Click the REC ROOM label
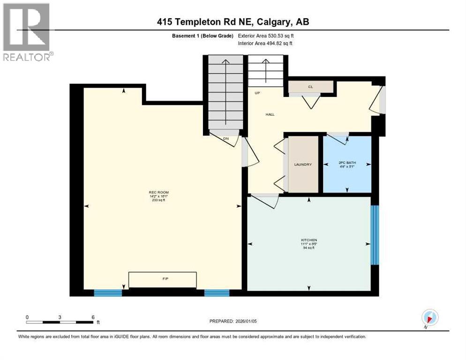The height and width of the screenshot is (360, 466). [x=158, y=193]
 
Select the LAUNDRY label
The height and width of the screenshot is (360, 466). [x=303, y=165]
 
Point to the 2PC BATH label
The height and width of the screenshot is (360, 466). [x=347, y=163]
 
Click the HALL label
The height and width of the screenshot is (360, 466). [x=270, y=114]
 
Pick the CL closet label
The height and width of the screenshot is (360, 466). [x=310, y=87]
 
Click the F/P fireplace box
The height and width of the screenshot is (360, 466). [x=163, y=279]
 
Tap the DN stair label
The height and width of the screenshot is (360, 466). [x=225, y=138]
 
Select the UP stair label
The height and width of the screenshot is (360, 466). [x=257, y=93]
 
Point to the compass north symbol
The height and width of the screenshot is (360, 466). [x=430, y=318]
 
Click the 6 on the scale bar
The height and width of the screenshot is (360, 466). [x=93, y=317]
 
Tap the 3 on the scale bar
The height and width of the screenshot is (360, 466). [x=60, y=317]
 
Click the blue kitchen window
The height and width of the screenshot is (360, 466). [x=375, y=235]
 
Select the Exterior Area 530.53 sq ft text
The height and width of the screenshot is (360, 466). [x=266, y=36]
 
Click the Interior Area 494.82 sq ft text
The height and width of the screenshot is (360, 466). [x=266, y=43]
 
